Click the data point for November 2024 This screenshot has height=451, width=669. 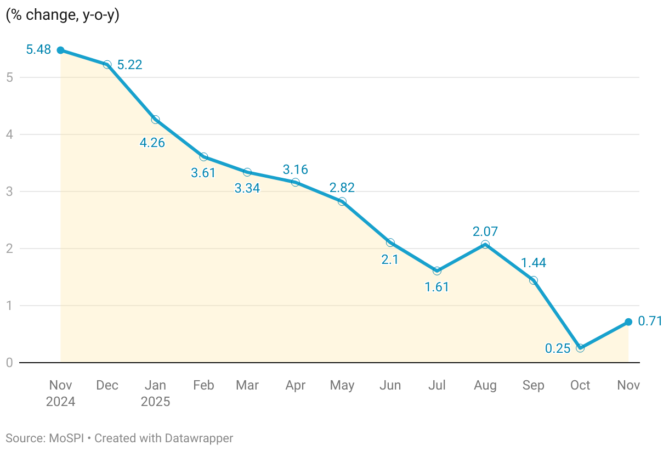tap(60, 50)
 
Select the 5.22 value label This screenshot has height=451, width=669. tap(130, 65)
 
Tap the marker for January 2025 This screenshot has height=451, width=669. tap(155, 120)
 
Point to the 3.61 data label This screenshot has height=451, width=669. tap(203, 173)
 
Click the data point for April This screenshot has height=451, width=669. tap(296, 182)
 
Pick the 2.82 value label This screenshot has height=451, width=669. tap(342, 188)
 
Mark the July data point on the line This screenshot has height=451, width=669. tap(437, 270)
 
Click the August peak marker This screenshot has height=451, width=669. tap(485, 245)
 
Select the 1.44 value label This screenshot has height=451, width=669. tap(533, 263)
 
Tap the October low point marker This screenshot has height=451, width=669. tap(580, 348)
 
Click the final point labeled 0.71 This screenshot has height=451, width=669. tap(628, 322)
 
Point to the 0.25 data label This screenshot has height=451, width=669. tap(557, 348)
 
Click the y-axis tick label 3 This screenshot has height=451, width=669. tap(9, 191)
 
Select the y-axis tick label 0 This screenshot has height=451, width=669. tap(9, 363)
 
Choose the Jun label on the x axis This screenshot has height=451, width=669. tap(390, 385)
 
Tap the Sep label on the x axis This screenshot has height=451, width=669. tap(533, 385)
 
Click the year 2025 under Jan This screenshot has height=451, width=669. tap(155, 402)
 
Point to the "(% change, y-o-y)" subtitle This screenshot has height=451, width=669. tap(63, 15)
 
